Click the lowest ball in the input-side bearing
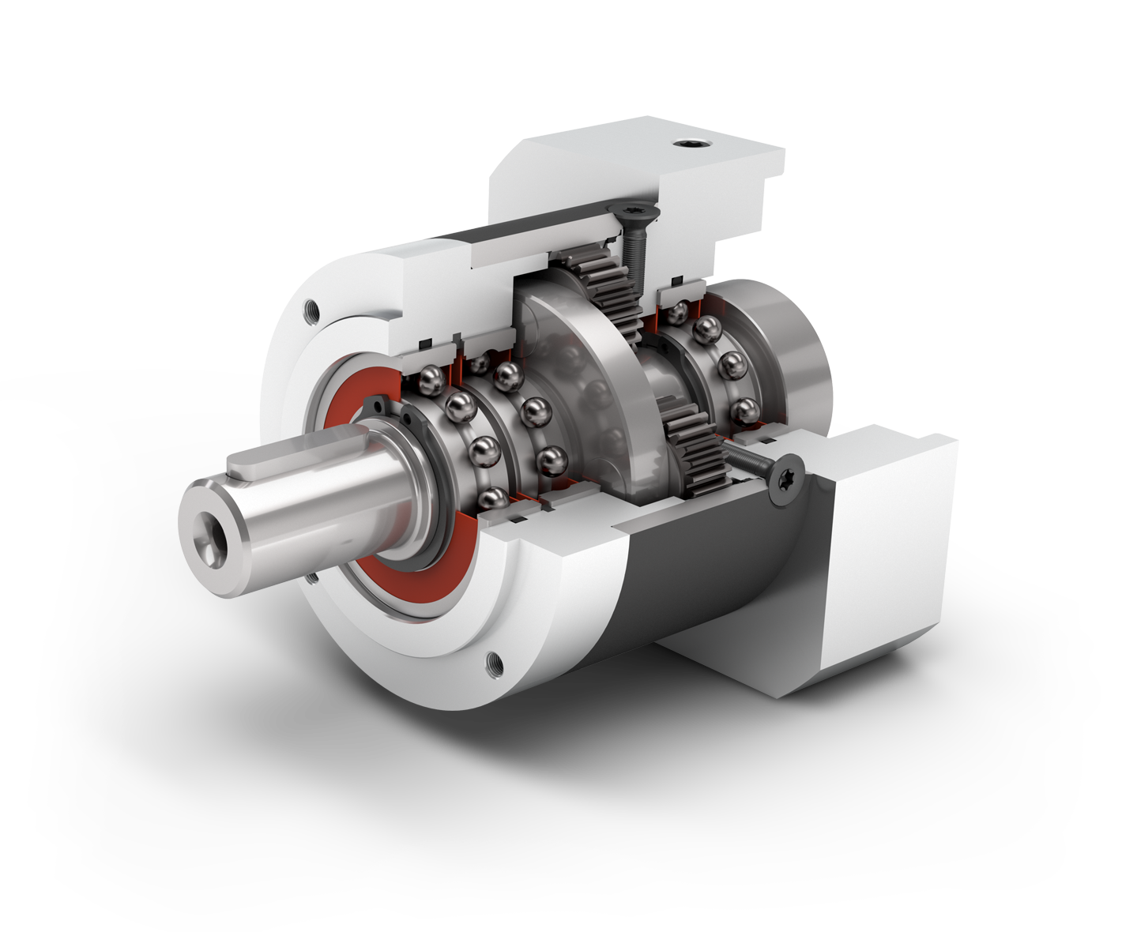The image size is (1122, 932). [x=744, y=411]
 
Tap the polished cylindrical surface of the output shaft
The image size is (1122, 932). [x=316, y=513]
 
